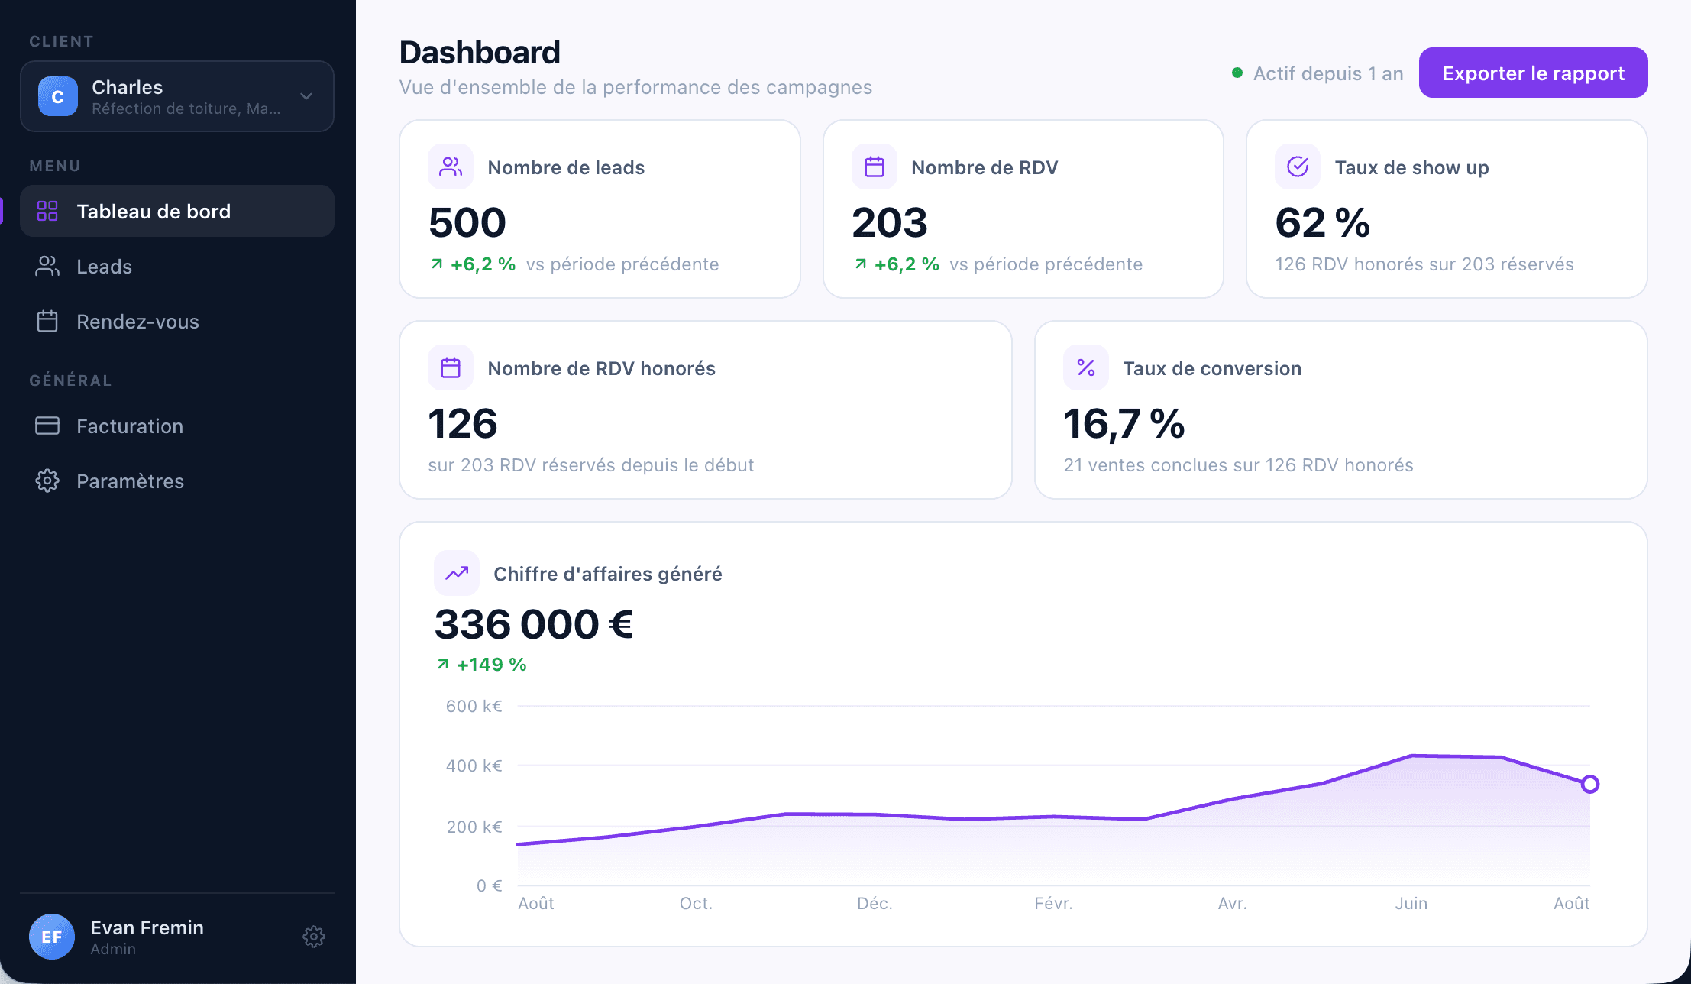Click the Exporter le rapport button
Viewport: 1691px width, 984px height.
pos(1533,73)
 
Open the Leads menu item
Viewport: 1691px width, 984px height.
pos(104,267)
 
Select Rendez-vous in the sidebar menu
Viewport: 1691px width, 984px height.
pos(137,322)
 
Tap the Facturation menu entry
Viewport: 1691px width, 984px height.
pos(130,426)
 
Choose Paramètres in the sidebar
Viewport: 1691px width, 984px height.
pos(130,481)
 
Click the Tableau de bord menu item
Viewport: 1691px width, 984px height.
pos(154,212)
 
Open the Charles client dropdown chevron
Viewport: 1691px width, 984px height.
pos(306,96)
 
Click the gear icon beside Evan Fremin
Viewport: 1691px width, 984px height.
pos(314,937)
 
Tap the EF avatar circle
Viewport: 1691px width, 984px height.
pos(52,937)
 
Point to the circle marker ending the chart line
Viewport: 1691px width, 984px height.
pos(1590,784)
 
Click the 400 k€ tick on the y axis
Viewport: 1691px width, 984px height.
pos(474,766)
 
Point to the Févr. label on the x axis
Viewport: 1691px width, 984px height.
pos(1053,903)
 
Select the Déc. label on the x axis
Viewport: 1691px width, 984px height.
pos(875,903)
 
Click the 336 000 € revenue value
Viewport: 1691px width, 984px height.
pos(534,624)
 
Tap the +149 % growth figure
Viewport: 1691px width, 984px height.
pos(491,665)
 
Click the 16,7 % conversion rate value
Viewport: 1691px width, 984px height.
pos(1124,424)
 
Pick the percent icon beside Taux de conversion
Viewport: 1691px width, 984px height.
pos(1086,367)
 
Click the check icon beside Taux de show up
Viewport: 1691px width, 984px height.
pos(1298,167)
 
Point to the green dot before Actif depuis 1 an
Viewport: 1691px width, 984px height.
pos(1237,73)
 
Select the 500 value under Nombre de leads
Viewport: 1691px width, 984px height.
pos(467,222)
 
